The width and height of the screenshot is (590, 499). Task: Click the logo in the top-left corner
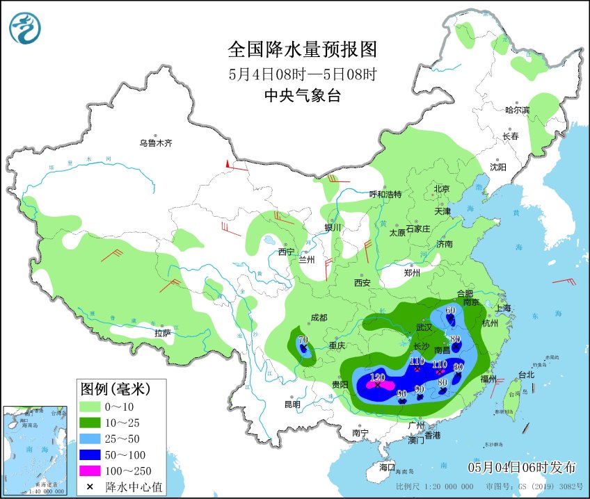click(25, 28)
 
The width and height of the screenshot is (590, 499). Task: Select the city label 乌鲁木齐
click(154, 143)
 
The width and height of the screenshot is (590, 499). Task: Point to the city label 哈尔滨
click(517, 110)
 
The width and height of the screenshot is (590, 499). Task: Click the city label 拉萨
click(163, 333)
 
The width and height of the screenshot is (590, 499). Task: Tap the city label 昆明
click(292, 404)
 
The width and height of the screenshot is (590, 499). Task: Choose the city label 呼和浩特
click(385, 195)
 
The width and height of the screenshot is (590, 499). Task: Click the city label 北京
click(442, 189)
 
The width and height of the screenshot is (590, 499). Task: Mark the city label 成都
click(319, 318)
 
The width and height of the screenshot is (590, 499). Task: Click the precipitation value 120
click(378, 377)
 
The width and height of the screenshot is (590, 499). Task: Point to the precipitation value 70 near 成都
click(303, 340)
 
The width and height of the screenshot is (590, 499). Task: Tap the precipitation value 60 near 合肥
click(450, 310)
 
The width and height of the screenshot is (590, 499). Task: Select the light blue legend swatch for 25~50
click(90, 439)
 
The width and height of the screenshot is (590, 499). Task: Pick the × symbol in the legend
click(90, 487)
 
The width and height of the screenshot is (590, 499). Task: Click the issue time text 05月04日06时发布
click(522, 466)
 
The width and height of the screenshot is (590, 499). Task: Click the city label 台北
click(526, 375)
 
